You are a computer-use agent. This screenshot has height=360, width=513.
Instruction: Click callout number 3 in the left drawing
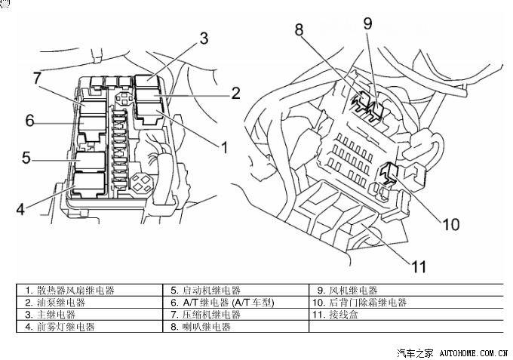(204, 39)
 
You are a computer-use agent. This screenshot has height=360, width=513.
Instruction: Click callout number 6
(29, 121)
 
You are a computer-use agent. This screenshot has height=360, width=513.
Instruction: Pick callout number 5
(25, 158)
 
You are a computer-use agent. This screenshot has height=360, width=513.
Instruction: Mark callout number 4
(22, 207)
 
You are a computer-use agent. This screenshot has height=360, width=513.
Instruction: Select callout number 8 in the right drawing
(300, 31)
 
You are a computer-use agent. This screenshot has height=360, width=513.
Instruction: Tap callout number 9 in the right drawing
(367, 23)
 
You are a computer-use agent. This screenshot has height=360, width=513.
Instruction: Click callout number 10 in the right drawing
(450, 225)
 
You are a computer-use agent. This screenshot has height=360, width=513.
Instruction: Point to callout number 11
(419, 266)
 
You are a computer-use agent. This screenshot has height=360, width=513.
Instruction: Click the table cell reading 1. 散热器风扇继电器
(75, 291)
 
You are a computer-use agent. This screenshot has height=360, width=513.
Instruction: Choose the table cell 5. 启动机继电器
(206, 291)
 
